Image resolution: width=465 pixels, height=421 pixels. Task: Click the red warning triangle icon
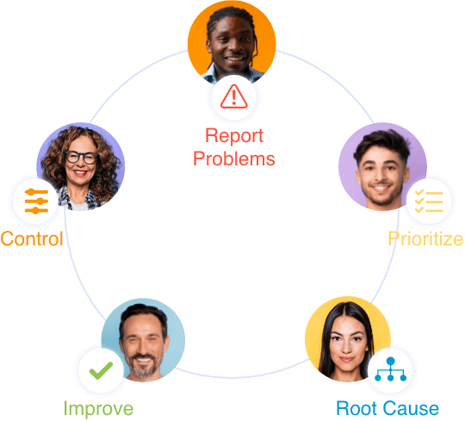[x=233, y=96]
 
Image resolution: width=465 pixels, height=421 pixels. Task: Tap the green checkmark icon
[x=101, y=370]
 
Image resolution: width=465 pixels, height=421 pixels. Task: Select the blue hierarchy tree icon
[x=390, y=369]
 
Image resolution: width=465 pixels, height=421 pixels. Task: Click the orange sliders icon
[x=36, y=201]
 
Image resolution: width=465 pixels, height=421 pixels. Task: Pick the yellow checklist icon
[x=429, y=201]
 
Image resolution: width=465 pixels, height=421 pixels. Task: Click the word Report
[x=234, y=136]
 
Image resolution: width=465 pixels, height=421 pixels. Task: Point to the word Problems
[x=234, y=158]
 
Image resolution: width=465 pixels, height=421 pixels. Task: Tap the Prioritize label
[x=425, y=239]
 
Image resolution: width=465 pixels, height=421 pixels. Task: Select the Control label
[x=32, y=238]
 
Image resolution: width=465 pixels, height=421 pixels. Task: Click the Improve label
[x=98, y=409]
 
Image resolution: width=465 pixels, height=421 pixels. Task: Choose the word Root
[x=356, y=409]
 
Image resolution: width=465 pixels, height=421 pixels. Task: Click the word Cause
[x=411, y=409]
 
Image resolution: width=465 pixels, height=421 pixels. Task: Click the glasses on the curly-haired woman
[x=81, y=157]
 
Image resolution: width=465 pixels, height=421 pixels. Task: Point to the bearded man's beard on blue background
[x=144, y=365]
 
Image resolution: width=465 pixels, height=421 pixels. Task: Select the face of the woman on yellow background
[x=346, y=344]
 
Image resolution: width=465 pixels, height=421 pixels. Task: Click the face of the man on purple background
[x=381, y=175]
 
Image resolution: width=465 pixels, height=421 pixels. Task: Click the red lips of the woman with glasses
[x=79, y=172]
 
